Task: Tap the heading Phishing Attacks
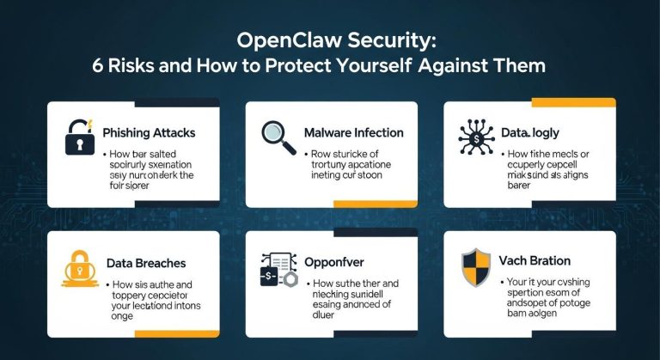click(x=149, y=133)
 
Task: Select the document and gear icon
click(x=278, y=268)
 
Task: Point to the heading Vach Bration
click(x=534, y=260)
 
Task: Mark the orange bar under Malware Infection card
click(x=375, y=203)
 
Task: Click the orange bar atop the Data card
click(x=572, y=103)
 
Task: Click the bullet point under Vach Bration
click(x=502, y=281)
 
